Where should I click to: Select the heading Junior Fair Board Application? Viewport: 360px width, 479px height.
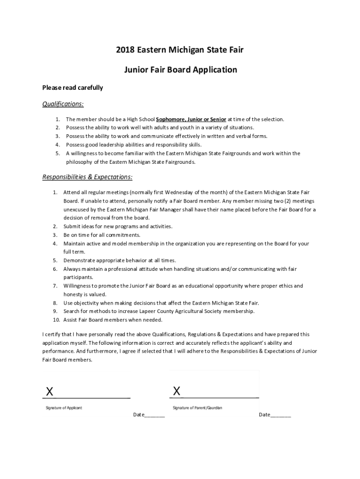180,70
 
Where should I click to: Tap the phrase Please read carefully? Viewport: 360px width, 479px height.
72,87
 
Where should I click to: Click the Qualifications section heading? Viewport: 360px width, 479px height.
63,104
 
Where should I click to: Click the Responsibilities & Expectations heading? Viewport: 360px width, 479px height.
87,177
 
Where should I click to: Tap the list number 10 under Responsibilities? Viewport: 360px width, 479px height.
56,320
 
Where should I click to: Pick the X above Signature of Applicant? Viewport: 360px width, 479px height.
49,391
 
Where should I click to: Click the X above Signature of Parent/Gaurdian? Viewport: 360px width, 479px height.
176,391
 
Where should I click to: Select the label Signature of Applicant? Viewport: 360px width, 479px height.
64,408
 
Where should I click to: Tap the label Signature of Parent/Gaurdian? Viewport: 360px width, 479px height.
197,408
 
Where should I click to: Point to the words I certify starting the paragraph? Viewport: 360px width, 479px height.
50,334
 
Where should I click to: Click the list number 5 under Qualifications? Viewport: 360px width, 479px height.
57,153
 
